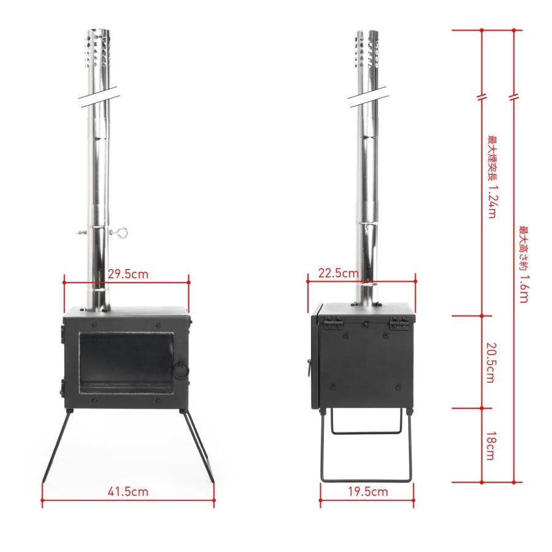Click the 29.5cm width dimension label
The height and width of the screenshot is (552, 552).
pyautogui.click(x=128, y=274)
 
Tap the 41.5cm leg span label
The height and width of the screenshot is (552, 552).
pyautogui.click(x=128, y=491)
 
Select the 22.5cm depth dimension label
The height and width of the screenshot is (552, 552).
pyautogui.click(x=339, y=273)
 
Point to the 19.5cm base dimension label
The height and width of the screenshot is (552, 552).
pyautogui.click(x=368, y=491)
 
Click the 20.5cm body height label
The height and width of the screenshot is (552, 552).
pyautogui.click(x=491, y=362)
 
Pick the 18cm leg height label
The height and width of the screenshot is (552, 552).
pyautogui.click(x=491, y=446)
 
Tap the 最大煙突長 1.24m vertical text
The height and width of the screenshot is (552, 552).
pyautogui.click(x=492, y=177)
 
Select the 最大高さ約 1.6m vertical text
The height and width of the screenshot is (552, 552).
pyautogui.click(x=524, y=264)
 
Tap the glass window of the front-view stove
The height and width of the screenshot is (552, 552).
pyautogui.click(x=126, y=362)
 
